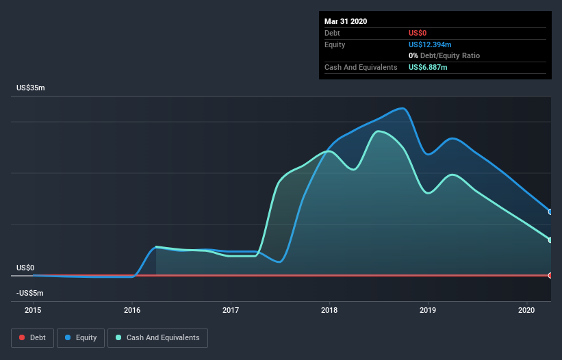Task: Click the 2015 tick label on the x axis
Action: tap(33, 310)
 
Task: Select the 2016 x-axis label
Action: tap(132, 310)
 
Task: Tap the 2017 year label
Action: tap(231, 310)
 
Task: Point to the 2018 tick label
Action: tap(329, 310)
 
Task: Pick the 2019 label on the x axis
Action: tap(428, 310)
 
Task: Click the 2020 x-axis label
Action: tap(526, 310)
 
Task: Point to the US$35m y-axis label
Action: tap(31, 88)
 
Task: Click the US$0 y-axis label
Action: tap(25, 268)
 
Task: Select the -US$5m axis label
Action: tap(29, 293)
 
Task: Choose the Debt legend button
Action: tap(33, 338)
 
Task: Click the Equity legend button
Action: tap(81, 338)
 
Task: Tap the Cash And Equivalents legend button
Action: tap(157, 338)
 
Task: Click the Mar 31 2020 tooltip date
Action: tap(346, 21)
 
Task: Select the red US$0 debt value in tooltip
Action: tap(418, 33)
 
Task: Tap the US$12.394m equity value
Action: tap(430, 44)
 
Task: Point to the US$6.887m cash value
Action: tap(428, 67)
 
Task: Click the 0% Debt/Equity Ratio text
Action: tap(444, 56)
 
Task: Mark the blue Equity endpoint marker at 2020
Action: tap(550, 212)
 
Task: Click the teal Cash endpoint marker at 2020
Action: tap(550, 240)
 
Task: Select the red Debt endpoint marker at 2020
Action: tap(550, 275)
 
